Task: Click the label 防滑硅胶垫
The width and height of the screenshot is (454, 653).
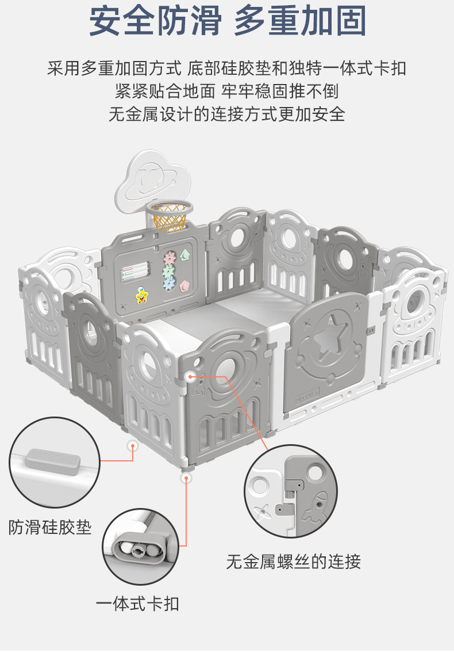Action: [x=50, y=527]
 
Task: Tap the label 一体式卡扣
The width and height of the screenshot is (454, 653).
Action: [x=137, y=604]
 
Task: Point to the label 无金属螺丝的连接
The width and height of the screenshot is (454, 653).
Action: [x=293, y=561]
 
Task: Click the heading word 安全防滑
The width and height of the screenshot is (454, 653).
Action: [x=155, y=22]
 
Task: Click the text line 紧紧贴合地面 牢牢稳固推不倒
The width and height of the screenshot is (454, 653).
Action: [x=226, y=91]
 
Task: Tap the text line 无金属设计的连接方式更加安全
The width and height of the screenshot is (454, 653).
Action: [x=226, y=114]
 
